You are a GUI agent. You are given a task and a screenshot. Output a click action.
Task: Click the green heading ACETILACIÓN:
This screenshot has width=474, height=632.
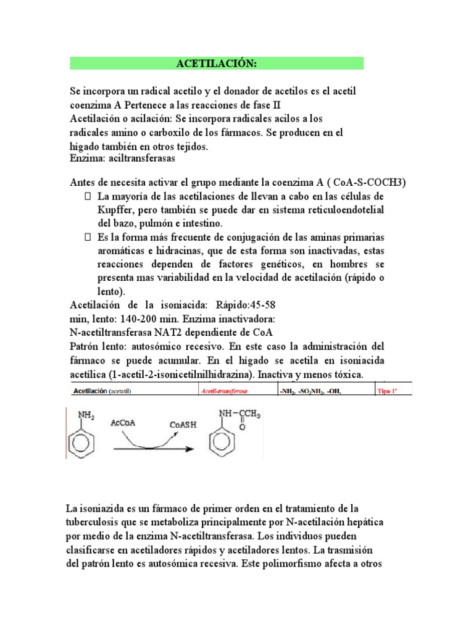pos(216,64)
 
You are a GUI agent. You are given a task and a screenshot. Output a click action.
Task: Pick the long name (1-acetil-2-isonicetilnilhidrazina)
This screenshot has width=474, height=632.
pos(178,375)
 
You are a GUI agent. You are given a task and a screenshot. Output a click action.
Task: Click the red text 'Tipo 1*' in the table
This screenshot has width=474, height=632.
pos(388,391)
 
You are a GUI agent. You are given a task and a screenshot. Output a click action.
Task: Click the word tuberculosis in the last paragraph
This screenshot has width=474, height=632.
pos(96,522)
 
